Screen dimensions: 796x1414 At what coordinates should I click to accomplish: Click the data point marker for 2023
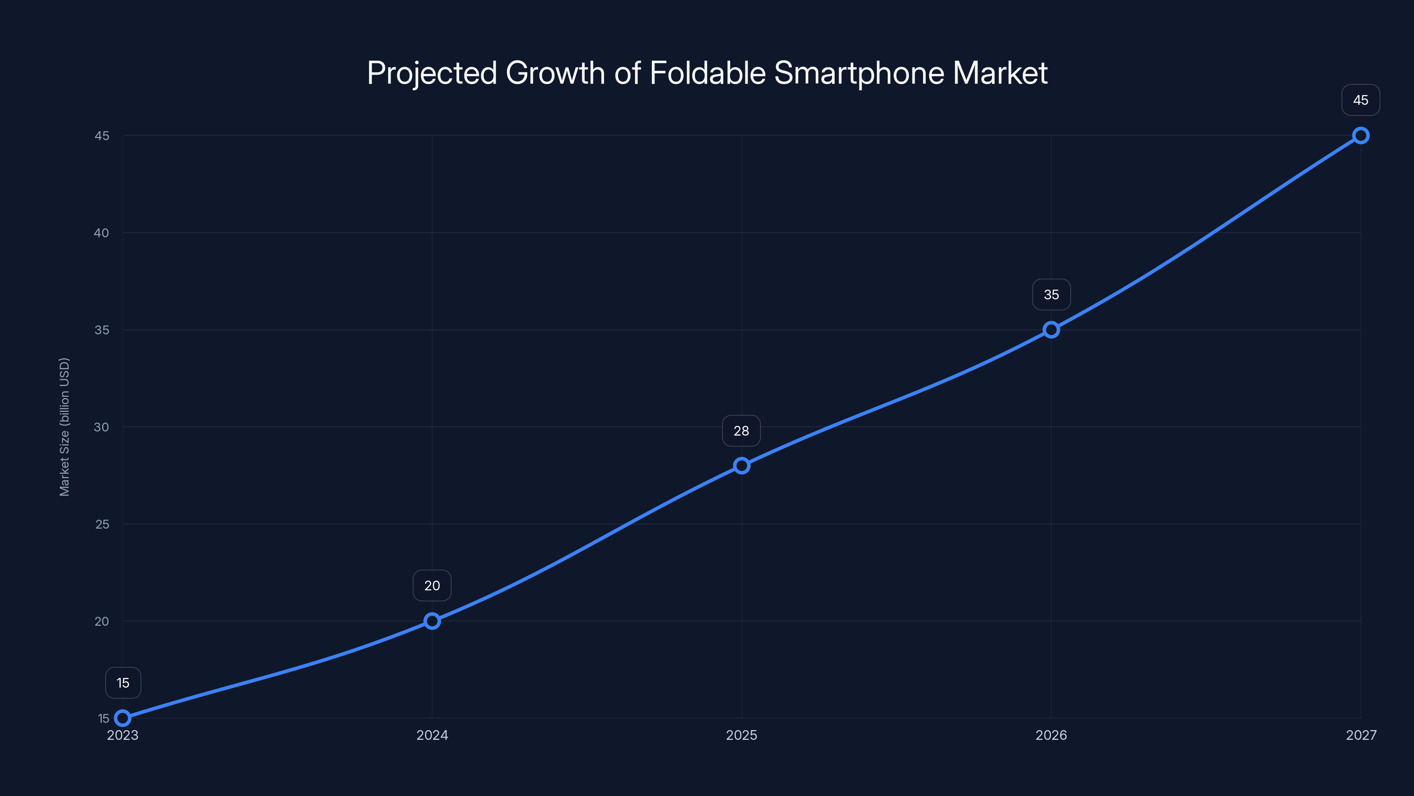123,718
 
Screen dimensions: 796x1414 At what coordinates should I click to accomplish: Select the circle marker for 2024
432,621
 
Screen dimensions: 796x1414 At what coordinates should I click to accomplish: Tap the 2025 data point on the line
741,466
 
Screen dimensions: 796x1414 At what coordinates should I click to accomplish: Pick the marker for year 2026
1051,329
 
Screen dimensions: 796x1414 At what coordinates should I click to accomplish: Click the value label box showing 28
741,431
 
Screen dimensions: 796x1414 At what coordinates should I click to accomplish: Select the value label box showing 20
432,586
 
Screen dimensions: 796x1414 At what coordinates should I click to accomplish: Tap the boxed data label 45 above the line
1360,100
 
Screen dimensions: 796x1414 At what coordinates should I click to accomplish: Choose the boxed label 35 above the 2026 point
1051,295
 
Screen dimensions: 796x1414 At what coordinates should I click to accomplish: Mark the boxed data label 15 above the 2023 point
123,683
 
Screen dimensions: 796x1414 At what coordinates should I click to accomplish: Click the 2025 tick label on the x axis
741,735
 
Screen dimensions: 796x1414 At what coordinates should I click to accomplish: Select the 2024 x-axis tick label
432,735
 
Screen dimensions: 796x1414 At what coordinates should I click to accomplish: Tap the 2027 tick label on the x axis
1361,735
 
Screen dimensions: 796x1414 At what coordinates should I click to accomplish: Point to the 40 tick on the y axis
102,233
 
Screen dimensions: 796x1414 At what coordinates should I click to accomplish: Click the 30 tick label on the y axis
102,427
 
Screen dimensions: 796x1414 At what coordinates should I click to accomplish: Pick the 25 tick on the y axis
102,524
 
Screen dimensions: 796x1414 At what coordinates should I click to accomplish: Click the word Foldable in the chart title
707,73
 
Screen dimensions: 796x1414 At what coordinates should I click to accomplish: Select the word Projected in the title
431,73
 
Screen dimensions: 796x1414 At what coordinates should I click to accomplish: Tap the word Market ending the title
1000,73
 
